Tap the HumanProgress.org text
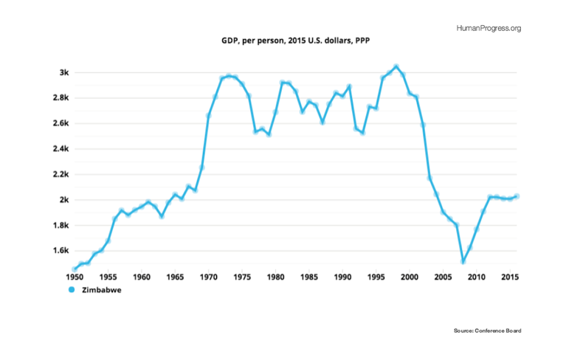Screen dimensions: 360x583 point(489,28)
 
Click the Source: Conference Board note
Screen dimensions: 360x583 point(487,330)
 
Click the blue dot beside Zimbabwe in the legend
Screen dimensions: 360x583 point(72,291)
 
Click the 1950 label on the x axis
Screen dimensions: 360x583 point(74,277)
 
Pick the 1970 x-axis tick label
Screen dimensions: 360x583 point(209,277)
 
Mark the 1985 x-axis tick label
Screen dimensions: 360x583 point(309,277)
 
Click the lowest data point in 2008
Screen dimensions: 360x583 point(463,261)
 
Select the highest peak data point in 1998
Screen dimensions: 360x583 point(396,66)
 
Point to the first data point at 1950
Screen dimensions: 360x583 point(74,269)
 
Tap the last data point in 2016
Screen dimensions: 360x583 point(517,196)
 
